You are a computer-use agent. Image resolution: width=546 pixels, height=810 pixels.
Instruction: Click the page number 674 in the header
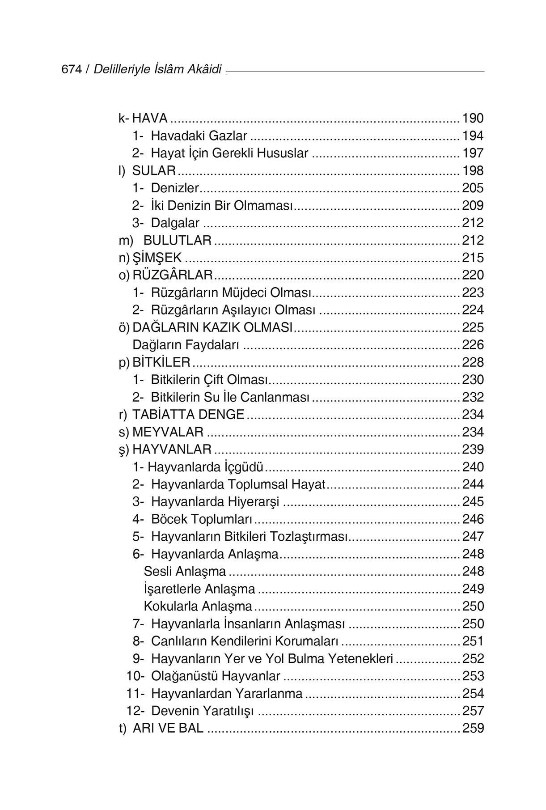(71, 70)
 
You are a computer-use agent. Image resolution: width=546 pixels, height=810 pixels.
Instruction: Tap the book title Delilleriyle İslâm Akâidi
(157, 70)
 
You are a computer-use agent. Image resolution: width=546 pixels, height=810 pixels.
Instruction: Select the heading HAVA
(150, 119)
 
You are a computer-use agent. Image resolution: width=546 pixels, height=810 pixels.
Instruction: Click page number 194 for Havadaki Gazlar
(473, 136)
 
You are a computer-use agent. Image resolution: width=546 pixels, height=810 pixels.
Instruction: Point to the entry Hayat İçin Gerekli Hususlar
(229, 153)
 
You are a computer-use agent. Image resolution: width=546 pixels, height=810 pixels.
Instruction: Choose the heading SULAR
(154, 171)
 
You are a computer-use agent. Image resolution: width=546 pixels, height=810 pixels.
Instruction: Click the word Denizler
(175, 188)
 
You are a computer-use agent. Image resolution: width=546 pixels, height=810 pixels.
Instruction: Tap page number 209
(473, 206)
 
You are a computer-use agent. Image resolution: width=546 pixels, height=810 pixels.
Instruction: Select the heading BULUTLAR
(177, 241)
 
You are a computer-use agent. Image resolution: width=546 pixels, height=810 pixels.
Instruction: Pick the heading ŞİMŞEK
(157, 258)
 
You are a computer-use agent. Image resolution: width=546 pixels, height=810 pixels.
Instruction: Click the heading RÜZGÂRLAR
(173, 275)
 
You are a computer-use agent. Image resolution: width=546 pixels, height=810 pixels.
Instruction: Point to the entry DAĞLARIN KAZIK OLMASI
(212, 328)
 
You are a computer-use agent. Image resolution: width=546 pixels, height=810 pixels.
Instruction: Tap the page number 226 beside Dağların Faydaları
(473, 345)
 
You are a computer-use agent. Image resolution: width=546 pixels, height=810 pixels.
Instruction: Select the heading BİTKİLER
(161, 362)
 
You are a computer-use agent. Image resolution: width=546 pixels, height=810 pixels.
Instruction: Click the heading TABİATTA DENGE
(188, 415)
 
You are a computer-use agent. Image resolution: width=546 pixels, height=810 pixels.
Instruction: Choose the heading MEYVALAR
(168, 433)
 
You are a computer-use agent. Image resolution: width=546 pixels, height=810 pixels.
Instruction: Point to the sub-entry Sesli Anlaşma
(185, 572)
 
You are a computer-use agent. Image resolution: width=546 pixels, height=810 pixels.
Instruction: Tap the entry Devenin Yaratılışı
(202, 712)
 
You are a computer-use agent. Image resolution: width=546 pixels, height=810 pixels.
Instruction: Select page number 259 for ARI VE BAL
(473, 729)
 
